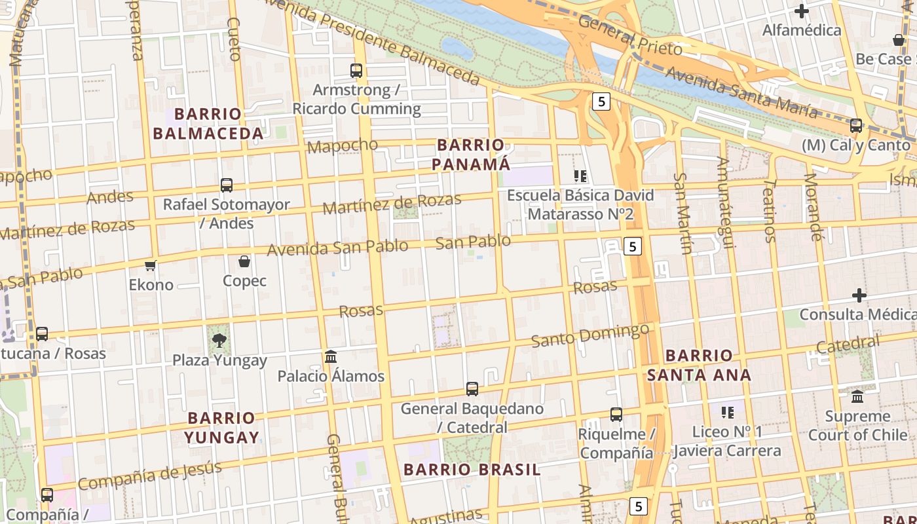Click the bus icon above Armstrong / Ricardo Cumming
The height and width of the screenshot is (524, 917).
tap(356, 71)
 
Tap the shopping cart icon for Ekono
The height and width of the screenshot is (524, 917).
tap(151, 265)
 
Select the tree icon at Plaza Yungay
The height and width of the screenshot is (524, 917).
tap(219, 340)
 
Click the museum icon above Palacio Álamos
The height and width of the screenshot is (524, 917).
tap(331, 357)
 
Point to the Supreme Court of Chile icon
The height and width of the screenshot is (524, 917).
tap(857, 396)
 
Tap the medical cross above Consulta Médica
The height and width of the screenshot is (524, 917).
tap(859, 295)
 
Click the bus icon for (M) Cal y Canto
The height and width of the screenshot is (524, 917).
tap(855, 126)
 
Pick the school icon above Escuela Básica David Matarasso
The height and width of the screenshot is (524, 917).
tap(580, 176)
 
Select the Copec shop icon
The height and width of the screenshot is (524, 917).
tap(244, 262)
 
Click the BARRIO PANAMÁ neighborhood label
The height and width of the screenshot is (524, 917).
tap(470, 155)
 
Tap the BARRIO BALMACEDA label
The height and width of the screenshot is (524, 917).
tap(208, 124)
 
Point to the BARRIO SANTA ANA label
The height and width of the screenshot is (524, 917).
tap(699, 365)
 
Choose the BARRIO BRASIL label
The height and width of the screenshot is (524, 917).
tap(472, 470)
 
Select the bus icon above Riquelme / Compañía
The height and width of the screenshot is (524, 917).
tap(616, 415)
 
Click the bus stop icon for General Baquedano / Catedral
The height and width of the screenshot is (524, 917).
tap(472, 389)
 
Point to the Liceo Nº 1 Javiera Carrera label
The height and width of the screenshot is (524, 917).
tap(727, 441)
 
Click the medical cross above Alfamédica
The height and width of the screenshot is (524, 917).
tap(801, 11)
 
